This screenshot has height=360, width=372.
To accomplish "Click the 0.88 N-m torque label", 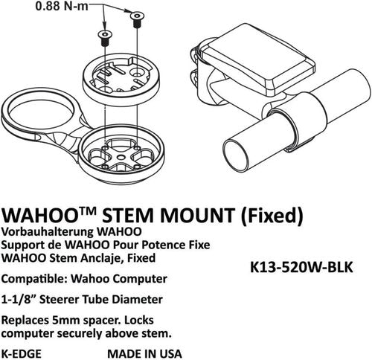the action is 62,6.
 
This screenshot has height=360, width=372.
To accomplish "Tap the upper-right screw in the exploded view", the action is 137,19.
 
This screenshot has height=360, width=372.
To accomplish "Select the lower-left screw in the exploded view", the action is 105,38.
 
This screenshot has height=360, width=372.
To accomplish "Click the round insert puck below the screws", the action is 121,77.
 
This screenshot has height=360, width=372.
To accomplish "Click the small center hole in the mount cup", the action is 121,157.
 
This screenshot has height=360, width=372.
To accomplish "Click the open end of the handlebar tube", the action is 236,155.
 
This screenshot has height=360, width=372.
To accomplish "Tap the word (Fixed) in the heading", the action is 272,216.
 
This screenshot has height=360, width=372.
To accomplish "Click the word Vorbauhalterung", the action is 48,232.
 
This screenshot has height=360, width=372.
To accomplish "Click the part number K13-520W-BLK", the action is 301,268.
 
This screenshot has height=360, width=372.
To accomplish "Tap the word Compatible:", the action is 34,279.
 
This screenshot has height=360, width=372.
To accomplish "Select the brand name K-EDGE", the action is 22,353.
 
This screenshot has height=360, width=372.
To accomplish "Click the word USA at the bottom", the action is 170,353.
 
